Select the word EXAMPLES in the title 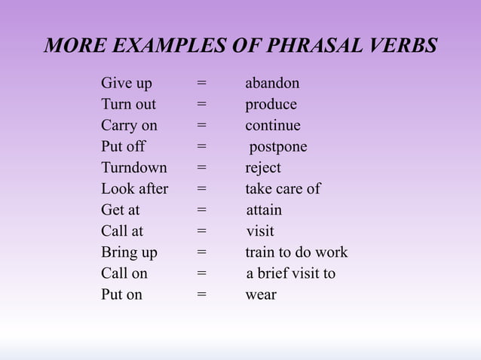click(158, 45)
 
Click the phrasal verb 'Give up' click(126, 84)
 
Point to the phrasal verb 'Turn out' click(128, 105)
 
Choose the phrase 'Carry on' click(129, 126)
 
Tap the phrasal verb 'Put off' click(123, 147)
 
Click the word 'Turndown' click(134, 168)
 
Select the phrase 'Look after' click(134, 189)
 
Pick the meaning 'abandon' click(272, 84)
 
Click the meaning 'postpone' click(278, 147)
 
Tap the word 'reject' click(263, 168)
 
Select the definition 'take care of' click(283, 189)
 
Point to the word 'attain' click(264, 210)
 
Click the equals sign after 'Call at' click(201, 231)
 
